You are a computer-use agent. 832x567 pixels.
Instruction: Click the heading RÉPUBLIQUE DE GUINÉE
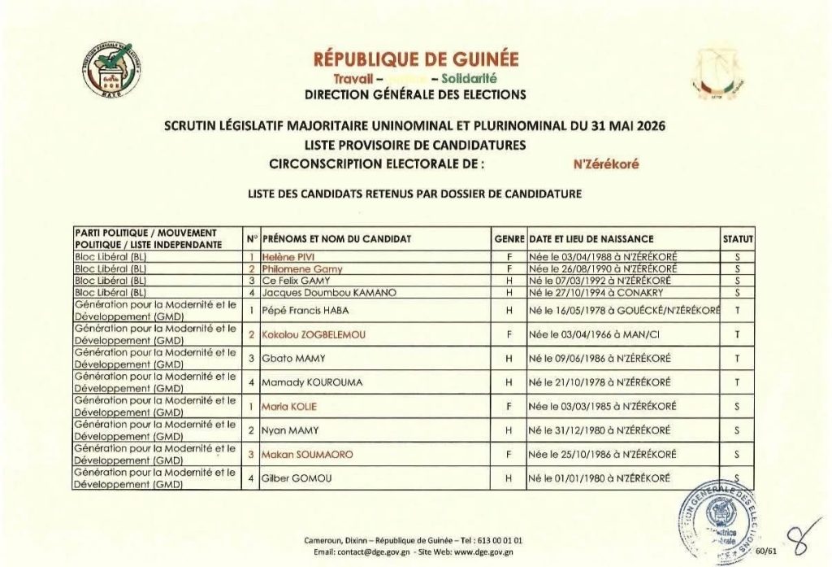(x=415, y=60)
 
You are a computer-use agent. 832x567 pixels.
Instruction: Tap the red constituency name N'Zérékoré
(x=606, y=164)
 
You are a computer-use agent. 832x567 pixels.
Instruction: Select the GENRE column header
(x=509, y=238)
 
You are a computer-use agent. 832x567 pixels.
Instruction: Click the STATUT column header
(x=739, y=238)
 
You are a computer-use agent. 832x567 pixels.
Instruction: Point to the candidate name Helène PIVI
(x=288, y=258)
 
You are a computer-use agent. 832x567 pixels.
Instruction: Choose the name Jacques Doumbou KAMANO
(x=323, y=292)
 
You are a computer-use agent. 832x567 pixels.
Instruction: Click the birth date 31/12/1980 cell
(x=598, y=430)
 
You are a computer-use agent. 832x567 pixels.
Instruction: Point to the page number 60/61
(x=766, y=549)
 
